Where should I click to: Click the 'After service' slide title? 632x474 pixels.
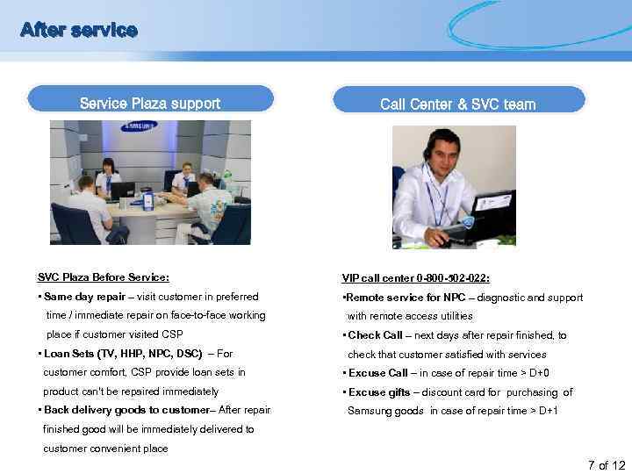coord(79,31)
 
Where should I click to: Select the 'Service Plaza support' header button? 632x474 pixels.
coord(149,104)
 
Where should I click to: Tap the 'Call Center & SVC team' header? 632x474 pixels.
coord(457,104)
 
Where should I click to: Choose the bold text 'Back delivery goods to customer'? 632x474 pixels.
coord(126,410)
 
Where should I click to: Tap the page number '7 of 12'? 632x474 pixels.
coord(605,464)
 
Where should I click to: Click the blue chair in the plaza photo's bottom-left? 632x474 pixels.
coord(75,224)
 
